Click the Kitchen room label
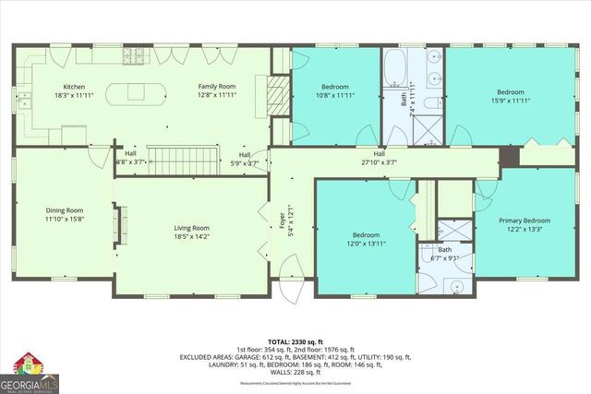point(60,86)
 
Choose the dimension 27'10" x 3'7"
point(379,162)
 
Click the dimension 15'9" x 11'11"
point(511,101)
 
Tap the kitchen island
point(135,94)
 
